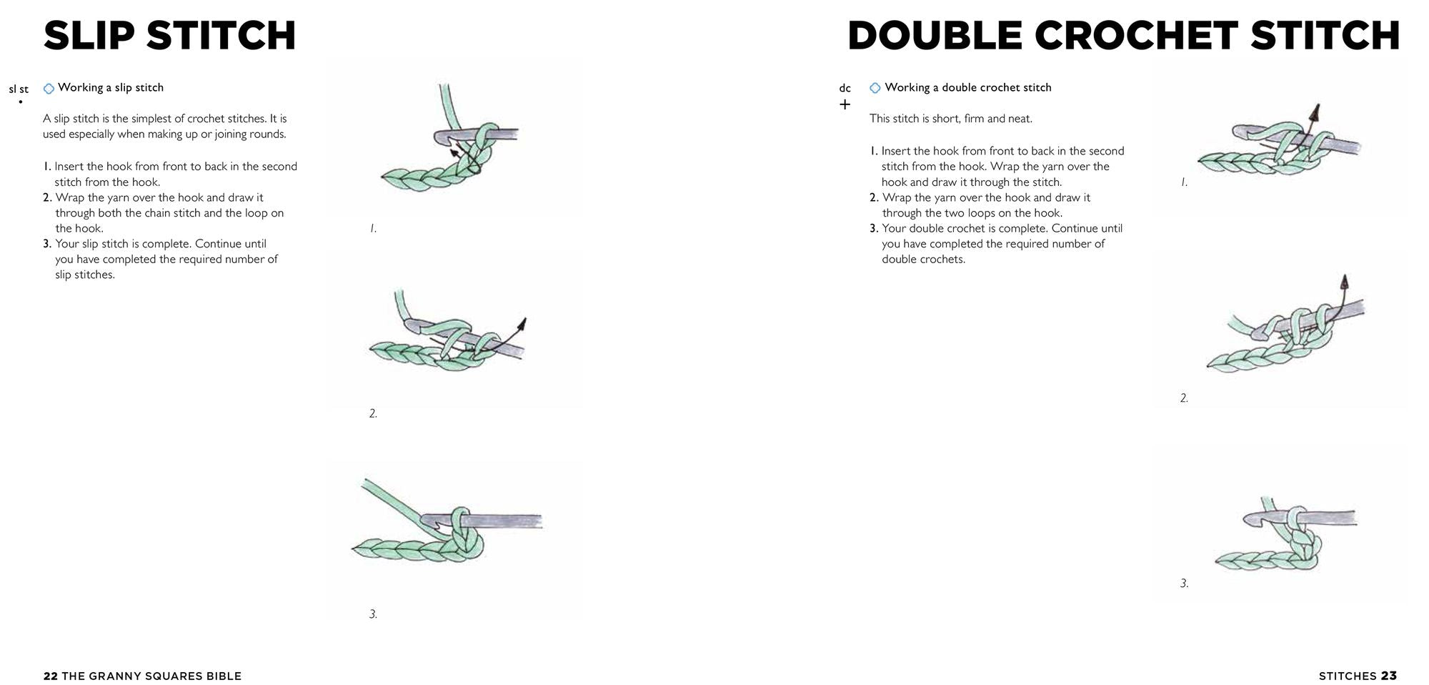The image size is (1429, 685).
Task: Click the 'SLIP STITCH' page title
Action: (x=169, y=36)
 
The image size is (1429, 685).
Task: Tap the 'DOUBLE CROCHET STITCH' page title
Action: (x=1123, y=36)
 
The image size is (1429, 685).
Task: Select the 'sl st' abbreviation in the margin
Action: (x=19, y=89)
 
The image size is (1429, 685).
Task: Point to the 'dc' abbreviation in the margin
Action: (x=845, y=88)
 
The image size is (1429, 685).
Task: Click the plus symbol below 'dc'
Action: (x=845, y=104)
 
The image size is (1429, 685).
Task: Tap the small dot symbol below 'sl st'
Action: (x=20, y=102)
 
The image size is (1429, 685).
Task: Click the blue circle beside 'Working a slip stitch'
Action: (x=49, y=89)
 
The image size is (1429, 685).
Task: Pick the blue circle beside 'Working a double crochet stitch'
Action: (x=875, y=88)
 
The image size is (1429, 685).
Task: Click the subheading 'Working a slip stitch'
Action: (x=111, y=87)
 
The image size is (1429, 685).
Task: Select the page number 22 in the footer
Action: (x=50, y=676)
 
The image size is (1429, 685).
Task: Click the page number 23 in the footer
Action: (x=1388, y=676)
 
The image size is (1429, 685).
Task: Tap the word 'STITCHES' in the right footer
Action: (x=1347, y=676)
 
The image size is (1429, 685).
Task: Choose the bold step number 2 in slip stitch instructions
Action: (x=47, y=197)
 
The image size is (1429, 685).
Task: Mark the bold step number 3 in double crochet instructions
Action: (x=873, y=228)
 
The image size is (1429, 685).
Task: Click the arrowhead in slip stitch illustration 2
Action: (x=522, y=324)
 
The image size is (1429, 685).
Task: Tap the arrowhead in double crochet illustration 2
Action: (x=1344, y=281)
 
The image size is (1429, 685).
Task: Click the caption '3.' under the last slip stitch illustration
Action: (x=373, y=613)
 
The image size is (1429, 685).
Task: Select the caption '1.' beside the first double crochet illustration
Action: (x=1184, y=182)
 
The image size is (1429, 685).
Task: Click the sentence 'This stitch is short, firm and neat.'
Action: (x=951, y=119)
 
